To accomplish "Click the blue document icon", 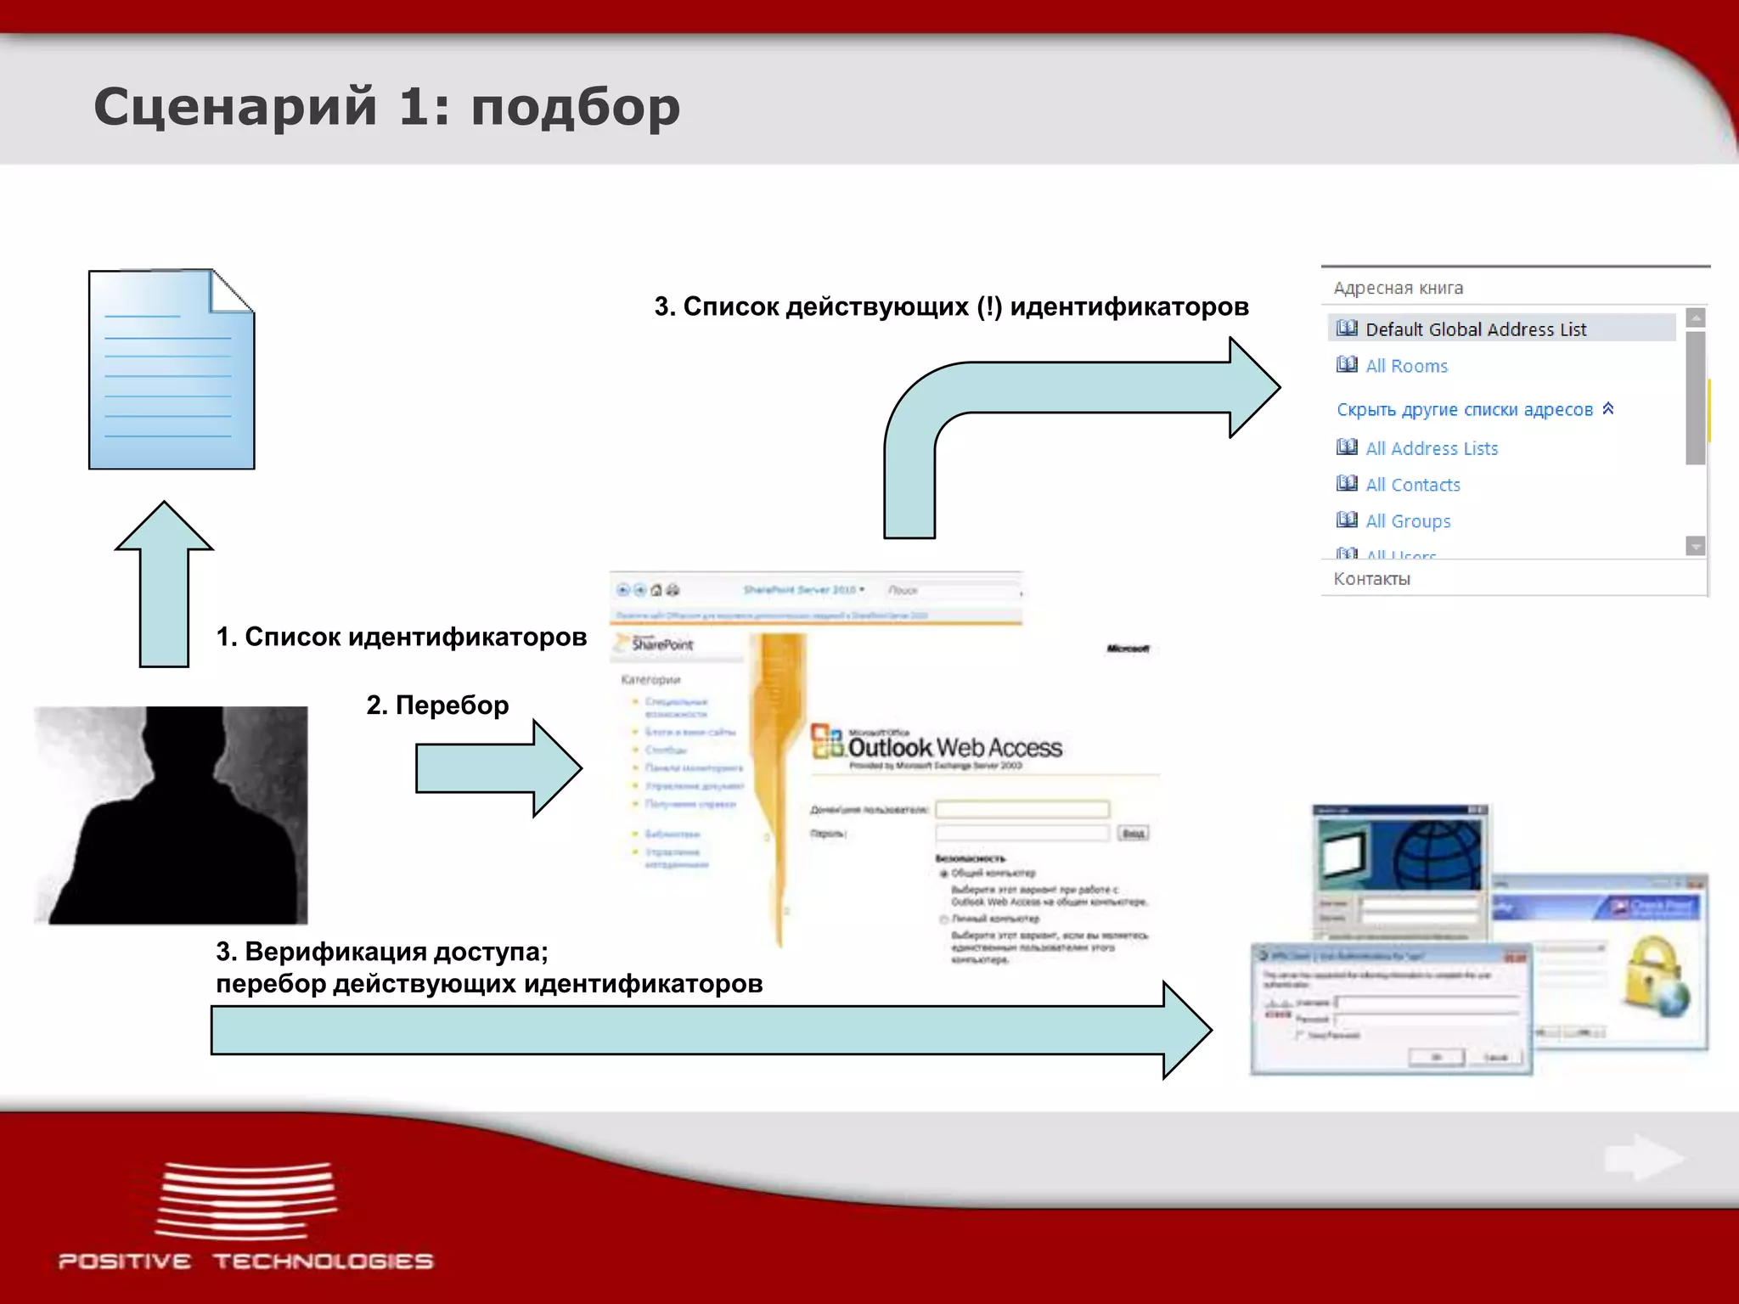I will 172,370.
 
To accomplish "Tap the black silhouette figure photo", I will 172,815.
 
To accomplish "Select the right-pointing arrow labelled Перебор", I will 498,768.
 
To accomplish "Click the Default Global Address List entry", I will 1475,329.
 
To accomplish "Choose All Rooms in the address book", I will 1406,366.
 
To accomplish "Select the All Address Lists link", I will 1432,448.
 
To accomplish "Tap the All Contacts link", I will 1413,485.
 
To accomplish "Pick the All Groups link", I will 1408,521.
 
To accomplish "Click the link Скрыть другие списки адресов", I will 1465,409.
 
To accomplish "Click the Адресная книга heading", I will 1399,288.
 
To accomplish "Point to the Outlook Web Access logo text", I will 954,747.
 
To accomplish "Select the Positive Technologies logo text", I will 245,1261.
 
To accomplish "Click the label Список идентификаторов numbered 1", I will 402,637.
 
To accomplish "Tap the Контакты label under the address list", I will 1371,579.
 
